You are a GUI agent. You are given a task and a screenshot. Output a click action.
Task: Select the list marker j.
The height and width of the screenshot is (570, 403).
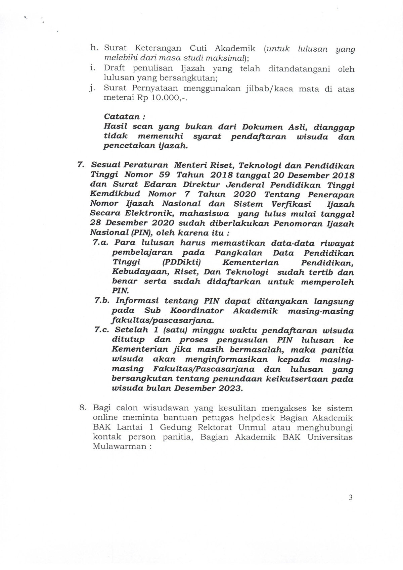click(x=92, y=89)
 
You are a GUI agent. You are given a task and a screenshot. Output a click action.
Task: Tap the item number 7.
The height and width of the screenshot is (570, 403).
click(x=81, y=165)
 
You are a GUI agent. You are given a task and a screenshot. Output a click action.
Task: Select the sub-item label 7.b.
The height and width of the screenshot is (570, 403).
click(x=102, y=301)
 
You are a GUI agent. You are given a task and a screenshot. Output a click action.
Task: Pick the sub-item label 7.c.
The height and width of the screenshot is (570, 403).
click(x=102, y=330)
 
